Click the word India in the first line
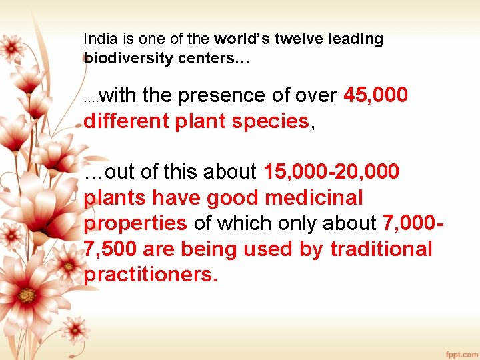97,39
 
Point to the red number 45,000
375,96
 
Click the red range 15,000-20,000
331,172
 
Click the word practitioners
151,275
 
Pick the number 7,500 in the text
110,249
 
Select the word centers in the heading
206,58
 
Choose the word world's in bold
237,39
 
